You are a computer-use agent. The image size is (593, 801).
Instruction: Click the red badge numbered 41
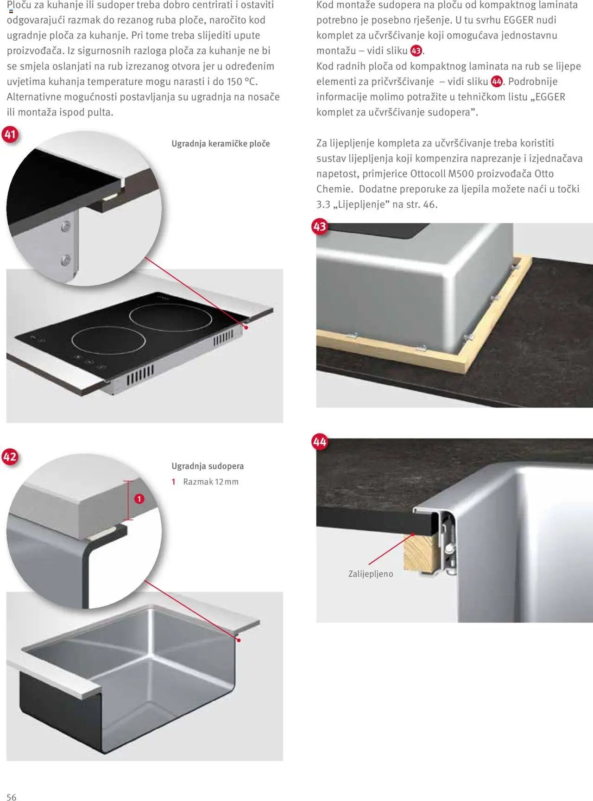pos(10,134)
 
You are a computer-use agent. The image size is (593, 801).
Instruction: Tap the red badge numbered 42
pos(10,457)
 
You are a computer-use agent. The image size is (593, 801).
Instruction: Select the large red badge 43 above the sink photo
pos(320,227)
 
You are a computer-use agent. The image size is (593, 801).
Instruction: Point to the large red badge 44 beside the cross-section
pos(320,441)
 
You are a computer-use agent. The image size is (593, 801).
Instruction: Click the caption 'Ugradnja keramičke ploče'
pos(221,144)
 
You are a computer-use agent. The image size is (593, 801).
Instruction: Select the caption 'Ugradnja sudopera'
pos(208,466)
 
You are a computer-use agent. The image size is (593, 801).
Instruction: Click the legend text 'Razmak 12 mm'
pos(211,482)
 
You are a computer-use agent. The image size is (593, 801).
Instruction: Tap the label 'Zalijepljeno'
pos(371,574)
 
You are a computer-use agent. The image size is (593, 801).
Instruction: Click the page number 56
pos(12,797)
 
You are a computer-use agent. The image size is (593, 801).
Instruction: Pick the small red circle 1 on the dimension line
pos(139,499)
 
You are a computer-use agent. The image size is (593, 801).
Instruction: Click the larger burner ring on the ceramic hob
pos(170,318)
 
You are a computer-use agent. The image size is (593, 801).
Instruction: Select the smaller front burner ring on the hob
pos(108,341)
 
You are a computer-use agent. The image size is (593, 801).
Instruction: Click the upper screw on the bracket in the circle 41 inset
pos(66,227)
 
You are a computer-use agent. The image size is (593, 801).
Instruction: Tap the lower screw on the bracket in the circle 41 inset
pos(66,260)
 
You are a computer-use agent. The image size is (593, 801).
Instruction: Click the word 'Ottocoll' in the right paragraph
pos(428,174)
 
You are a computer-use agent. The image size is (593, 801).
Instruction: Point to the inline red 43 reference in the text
pos(416,51)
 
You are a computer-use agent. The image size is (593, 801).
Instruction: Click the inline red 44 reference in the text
pos(497,82)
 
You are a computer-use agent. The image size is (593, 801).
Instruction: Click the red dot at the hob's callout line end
pos(246,327)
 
